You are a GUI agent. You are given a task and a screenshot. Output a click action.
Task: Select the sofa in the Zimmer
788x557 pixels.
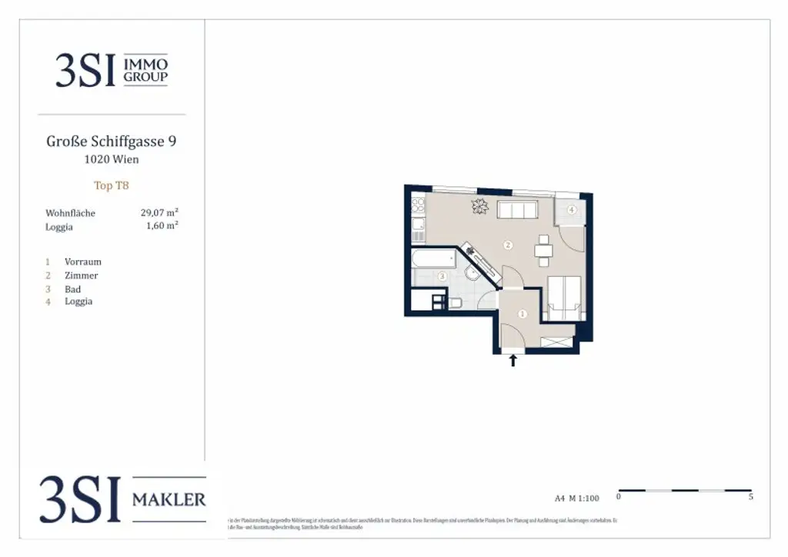517,209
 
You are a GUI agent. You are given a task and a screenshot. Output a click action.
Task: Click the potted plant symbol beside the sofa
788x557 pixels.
480,206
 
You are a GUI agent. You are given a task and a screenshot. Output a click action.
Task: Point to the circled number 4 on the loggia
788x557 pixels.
572,209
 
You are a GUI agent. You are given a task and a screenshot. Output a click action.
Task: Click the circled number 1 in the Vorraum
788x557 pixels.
523,313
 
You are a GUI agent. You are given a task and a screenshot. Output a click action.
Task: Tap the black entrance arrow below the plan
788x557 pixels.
513,359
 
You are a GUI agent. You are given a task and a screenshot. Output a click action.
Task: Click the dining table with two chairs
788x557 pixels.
543,248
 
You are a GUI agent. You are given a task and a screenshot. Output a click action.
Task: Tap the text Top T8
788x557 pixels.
111,185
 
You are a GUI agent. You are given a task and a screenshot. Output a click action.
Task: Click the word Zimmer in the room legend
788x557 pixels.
81,275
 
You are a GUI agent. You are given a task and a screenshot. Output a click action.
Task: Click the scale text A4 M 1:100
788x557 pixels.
576,499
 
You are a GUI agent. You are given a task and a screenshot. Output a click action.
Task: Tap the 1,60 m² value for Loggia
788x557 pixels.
162,226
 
